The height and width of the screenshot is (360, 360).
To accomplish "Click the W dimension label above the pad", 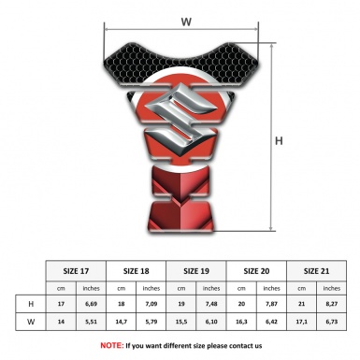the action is tap(186, 22).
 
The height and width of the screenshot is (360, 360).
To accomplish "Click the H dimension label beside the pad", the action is tap(279, 141).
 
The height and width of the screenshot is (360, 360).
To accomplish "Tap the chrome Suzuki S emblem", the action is tap(180, 119).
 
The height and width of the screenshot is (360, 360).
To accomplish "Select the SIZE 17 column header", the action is tap(76, 271).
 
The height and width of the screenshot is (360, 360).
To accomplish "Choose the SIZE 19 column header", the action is tap(196, 271).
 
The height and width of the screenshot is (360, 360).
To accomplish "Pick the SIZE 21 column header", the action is tap(316, 271).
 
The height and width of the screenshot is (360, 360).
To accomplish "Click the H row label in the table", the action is tap(31, 304).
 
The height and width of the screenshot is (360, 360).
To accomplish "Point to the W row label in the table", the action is tap(31, 322).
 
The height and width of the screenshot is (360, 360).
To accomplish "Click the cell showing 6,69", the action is tap(91, 304).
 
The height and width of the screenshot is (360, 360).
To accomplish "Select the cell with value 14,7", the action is tap(121, 322).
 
